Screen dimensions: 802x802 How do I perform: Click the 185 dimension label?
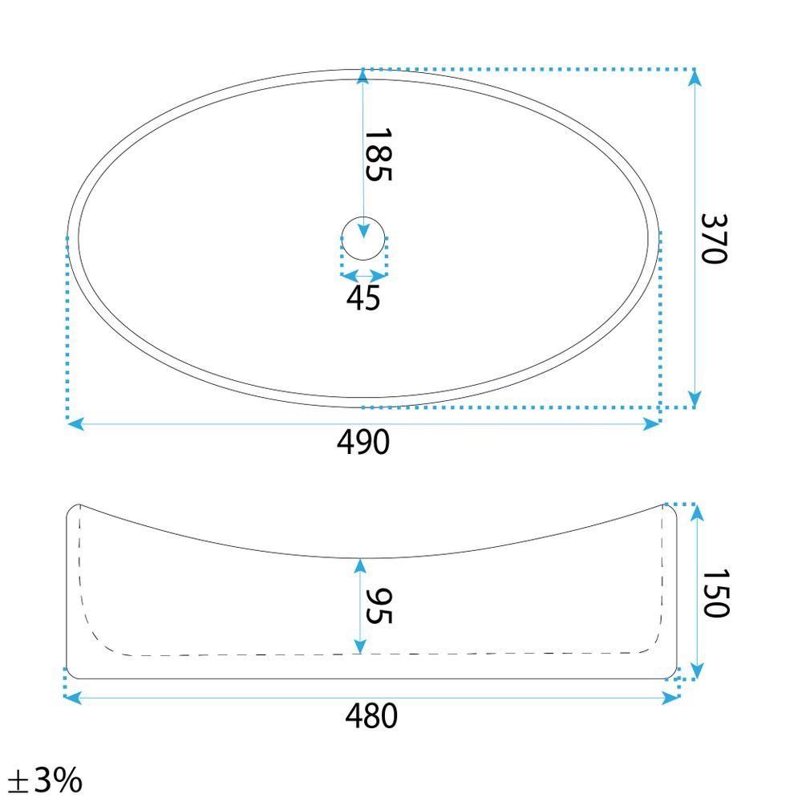[x=379, y=155]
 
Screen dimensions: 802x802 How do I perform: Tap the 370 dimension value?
[x=714, y=239]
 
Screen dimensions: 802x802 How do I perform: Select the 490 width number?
[x=363, y=443]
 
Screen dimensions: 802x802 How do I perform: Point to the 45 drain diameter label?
[x=363, y=298]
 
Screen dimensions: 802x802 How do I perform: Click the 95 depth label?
[x=379, y=606]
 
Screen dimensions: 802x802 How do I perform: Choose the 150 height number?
[x=715, y=593]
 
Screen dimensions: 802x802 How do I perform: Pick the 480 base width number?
[x=371, y=716]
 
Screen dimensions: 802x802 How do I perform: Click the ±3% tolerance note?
[x=45, y=780]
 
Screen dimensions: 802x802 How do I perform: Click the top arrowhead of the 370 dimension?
[x=694, y=77]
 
